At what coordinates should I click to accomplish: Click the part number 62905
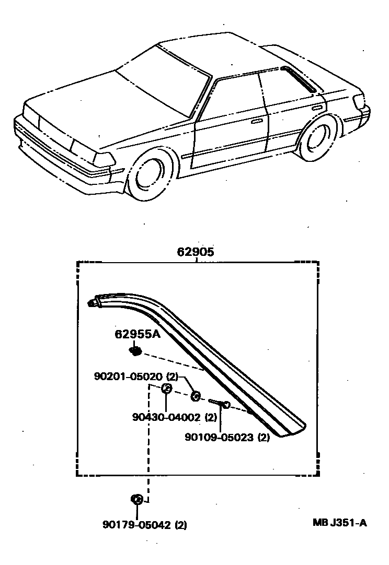pyautogui.click(x=196, y=252)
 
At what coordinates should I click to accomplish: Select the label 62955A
pyautogui.click(x=138, y=335)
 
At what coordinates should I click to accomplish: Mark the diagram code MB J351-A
pyautogui.click(x=339, y=523)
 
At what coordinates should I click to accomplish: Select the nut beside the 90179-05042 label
pyautogui.click(x=137, y=499)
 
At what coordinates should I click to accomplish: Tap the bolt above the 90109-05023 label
pyautogui.click(x=220, y=404)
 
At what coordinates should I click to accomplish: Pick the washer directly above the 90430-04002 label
pyautogui.click(x=167, y=388)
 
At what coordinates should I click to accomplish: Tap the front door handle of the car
pyautogui.click(x=256, y=121)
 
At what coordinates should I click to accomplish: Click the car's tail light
pyautogui.click(x=361, y=102)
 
